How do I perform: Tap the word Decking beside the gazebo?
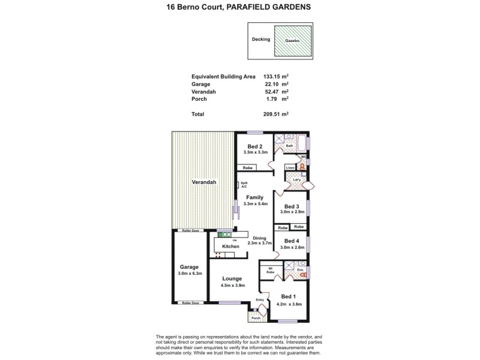point(261,40)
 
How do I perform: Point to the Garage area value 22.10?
point(274,84)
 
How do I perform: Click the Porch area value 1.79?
point(276,99)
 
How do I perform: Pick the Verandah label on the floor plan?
point(203,182)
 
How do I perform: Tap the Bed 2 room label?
point(254,146)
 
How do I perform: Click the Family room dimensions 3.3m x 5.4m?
point(254,204)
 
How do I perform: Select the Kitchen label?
point(231,246)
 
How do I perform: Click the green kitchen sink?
point(224,235)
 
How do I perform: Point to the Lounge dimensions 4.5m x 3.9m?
point(232,286)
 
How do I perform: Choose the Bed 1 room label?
point(288,296)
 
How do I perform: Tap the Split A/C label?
point(244,186)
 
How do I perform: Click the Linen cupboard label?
point(290,167)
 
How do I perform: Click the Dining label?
point(259,238)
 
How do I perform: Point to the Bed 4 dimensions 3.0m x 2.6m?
point(292,247)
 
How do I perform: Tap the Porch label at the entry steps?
point(256,318)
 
